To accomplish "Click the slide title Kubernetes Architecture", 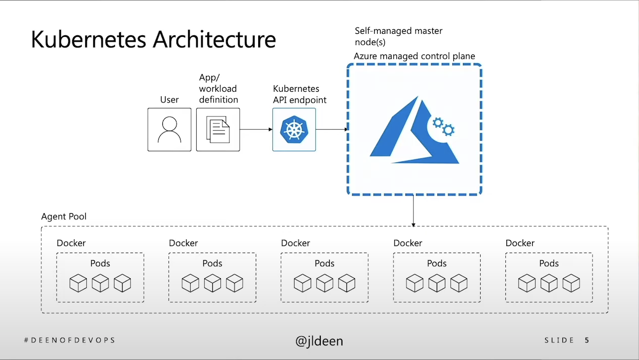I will pos(153,40).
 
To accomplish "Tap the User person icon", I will pos(169,130).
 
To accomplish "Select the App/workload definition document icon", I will pos(218,130).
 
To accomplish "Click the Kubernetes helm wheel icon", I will pos(294,130).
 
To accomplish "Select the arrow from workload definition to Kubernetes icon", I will pos(256,130).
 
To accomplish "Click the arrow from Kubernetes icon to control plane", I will pos(331,130).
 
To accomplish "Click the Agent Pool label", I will pos(64,217).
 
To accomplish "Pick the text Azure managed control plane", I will pos(414,56).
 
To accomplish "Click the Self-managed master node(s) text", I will pos(398,36).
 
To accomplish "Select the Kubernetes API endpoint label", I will pos(300,94).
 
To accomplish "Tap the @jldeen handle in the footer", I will pos(319,341).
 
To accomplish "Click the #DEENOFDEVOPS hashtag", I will pos(70,340).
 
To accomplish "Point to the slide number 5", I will pos(587,340).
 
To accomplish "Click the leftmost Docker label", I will pos(71,243).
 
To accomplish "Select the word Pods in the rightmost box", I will pos(549,263).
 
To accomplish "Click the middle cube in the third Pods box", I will pos(325,283).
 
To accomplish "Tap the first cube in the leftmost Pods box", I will pos(78,283).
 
